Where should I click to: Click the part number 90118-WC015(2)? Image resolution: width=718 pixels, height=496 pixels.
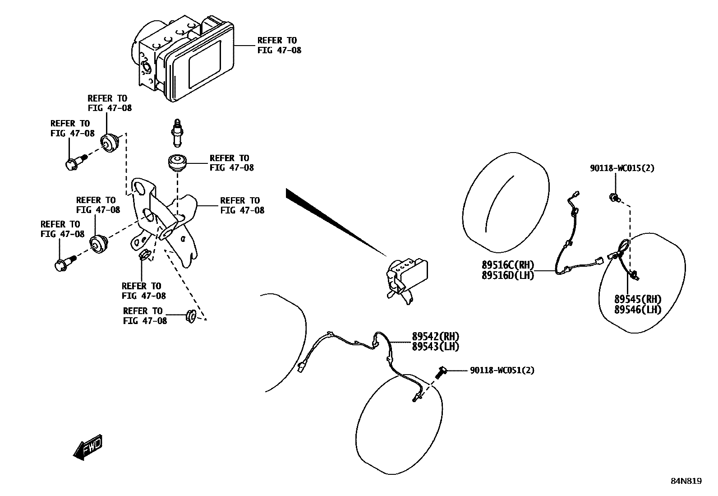tap(622, 168)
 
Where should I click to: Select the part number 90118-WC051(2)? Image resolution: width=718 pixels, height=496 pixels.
tap(502, 371)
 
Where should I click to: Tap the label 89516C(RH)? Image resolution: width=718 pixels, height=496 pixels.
tap(508, 265)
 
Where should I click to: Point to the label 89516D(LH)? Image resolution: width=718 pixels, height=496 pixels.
tap(508, 275)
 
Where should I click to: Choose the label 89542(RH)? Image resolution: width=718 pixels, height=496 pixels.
tap(435, 337)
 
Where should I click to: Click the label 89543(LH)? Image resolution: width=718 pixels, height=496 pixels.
tap(435, 347)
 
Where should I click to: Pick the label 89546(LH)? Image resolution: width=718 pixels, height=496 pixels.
tap(638, 310)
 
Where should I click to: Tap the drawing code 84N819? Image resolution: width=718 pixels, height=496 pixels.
tap(686, 481)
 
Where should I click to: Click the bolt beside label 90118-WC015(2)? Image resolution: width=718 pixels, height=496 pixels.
tap(614, 197)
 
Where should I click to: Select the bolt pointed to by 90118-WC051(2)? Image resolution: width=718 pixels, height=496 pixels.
tap(441, 372)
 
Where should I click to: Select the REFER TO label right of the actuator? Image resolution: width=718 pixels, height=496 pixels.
tap(279, 45)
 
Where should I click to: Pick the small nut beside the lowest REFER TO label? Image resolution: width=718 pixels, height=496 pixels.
tap(190, 316)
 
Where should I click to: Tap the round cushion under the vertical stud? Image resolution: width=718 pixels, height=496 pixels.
tap(178, 162)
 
